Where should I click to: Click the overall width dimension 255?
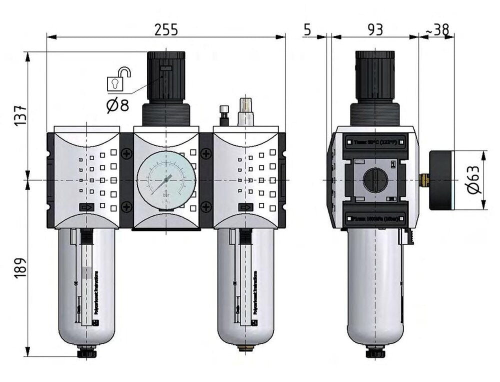[165, 29]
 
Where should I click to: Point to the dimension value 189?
[19, 269]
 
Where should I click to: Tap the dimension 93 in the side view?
[375, 29]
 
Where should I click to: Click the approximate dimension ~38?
[437, 29]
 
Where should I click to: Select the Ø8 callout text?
[118, 105]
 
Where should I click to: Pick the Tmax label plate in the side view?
[375, 142]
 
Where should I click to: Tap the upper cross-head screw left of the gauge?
[127, 154]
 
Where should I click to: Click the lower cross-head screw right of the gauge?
[205, 205]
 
